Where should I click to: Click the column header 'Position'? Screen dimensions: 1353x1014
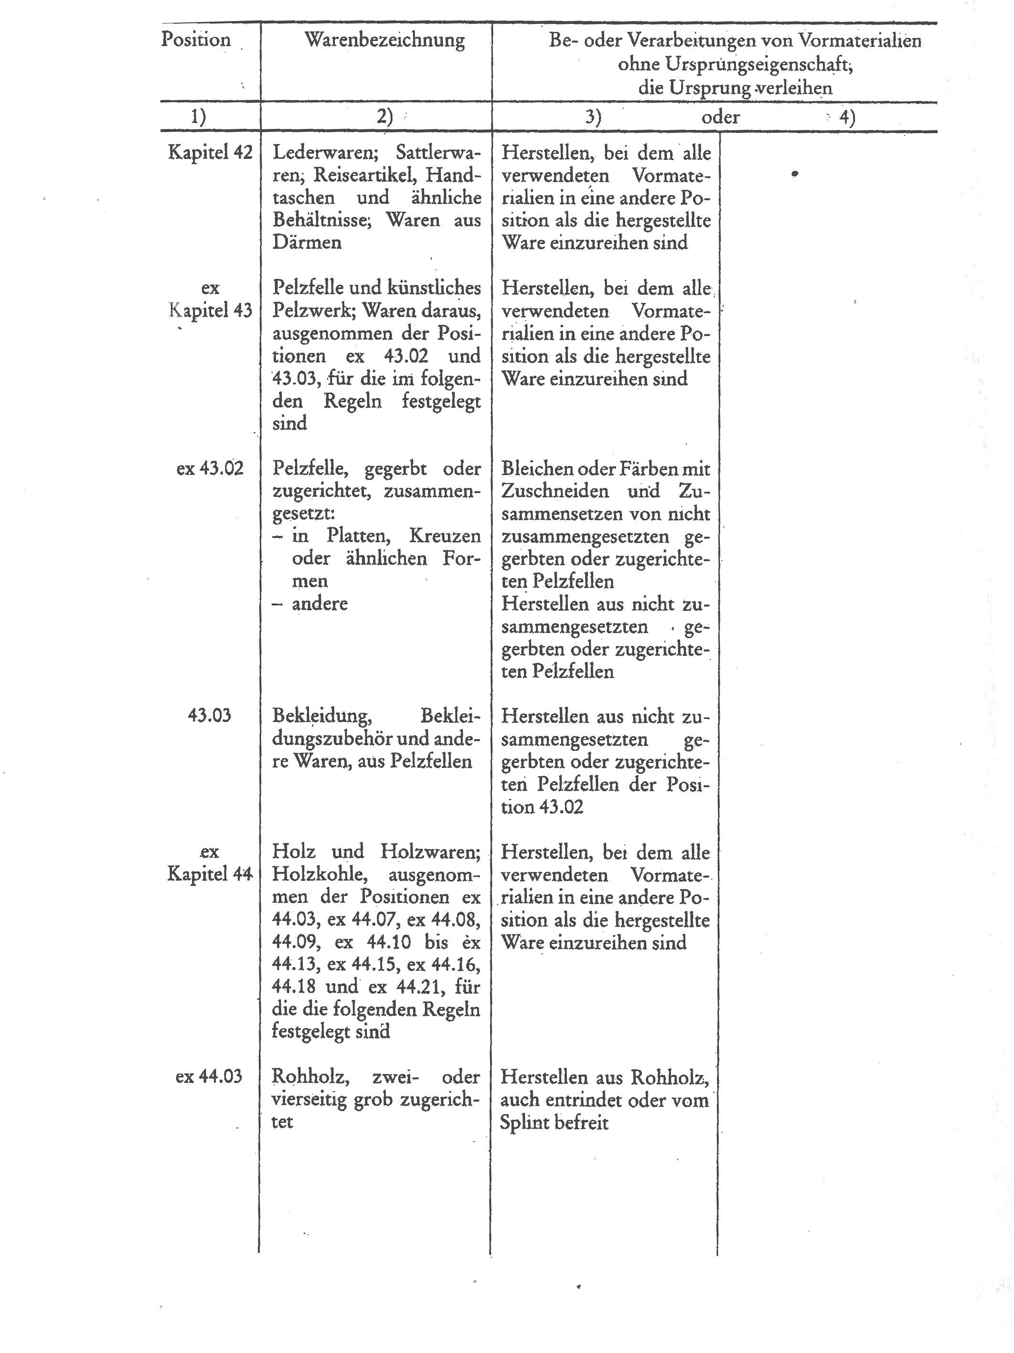point(196,40)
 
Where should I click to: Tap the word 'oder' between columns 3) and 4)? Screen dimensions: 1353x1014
point(720,117)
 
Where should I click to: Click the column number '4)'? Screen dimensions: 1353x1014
point(846,117)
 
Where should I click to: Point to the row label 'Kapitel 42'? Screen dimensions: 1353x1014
point(210,152)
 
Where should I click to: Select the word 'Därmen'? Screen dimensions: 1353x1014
point(307,242)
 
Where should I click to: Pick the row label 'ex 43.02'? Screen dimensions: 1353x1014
point(209,469)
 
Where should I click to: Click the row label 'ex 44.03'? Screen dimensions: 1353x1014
point(209,1076)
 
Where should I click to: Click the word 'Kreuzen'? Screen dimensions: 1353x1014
point(445,536)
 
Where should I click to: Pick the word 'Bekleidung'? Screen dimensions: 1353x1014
point(320,715)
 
